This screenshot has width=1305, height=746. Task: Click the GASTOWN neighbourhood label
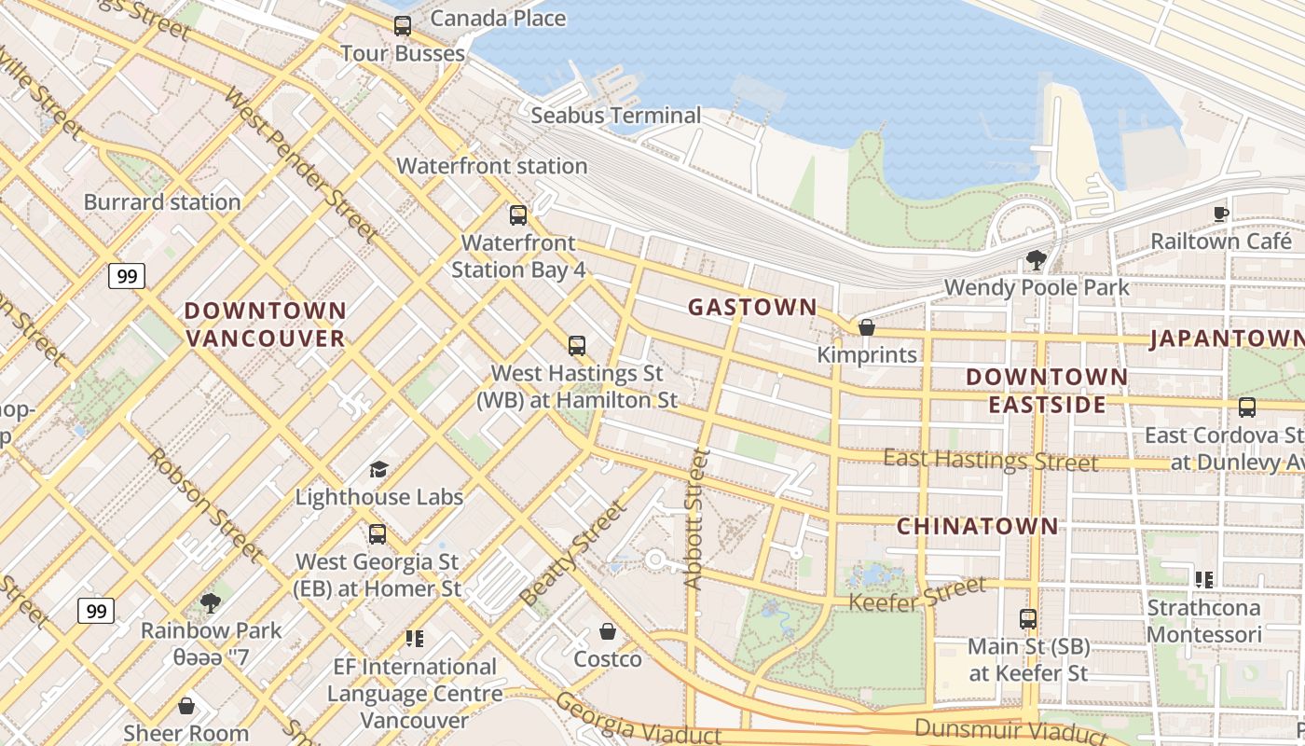coord(752,307)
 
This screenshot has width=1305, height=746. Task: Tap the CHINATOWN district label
coord(978,527)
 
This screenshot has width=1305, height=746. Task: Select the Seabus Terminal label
coord(615,116)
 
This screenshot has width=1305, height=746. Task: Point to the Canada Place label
coord(498,18)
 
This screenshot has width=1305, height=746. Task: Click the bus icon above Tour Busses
coord(403,26)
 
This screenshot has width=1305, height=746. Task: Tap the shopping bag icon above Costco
coord(608,632)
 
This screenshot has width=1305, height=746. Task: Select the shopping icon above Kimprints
coord(866,327)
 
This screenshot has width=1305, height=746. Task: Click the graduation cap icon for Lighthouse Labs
coord(378,469)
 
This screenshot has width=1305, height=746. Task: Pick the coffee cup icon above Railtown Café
coord(1220,214)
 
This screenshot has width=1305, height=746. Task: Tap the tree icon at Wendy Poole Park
coord(1036,260)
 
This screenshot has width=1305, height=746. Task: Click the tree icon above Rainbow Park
coord(211,603)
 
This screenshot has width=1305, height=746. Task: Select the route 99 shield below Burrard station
coord(126,276)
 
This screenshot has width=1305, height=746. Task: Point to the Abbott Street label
coord(694,518)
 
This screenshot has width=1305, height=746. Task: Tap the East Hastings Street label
coord(990,460)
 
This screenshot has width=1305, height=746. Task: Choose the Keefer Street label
coord(916,595)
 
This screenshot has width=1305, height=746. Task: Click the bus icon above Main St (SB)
coord(1028,619)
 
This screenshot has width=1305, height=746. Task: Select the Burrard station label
coord(162,202)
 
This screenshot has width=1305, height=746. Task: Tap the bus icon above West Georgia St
coord(378,534)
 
